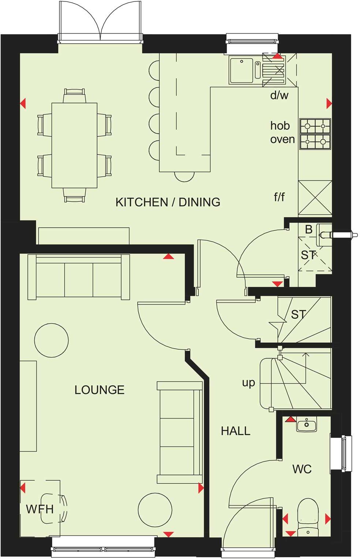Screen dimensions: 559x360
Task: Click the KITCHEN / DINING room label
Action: click(x=168, y=202)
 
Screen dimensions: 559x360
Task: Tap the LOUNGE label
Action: click(x=99, y=390)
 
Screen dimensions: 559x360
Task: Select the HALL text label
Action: click(x=235, y=431)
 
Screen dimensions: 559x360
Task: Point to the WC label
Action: click(x=302, y=469)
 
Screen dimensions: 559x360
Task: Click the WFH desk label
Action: click(x=40, y=509)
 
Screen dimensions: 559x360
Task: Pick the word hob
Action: click(x=280, y=126)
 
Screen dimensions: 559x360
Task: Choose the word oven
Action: click(x=282, y=139)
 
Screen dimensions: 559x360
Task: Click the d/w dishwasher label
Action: click(x=279, y=95)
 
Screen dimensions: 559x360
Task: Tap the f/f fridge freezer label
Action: click(x=279, y=197)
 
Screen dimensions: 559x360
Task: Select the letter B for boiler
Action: click(x=308, y=229)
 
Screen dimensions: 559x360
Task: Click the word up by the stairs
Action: click(x=248, y=383)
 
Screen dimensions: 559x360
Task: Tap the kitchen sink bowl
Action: click(x=241, y=69)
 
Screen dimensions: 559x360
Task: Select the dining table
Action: click(x=74, y=145)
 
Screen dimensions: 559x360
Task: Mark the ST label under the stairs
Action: click(x=298, y=314)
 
